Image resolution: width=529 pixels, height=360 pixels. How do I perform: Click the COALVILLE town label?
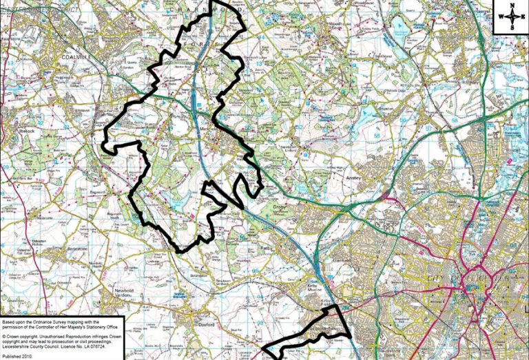(x=76, y=57)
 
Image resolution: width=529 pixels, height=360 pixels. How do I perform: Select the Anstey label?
(x=353, y=177)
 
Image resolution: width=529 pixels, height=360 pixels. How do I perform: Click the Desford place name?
(x=207, y=324)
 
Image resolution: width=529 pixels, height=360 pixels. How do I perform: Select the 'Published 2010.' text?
(x=19, y=357)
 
